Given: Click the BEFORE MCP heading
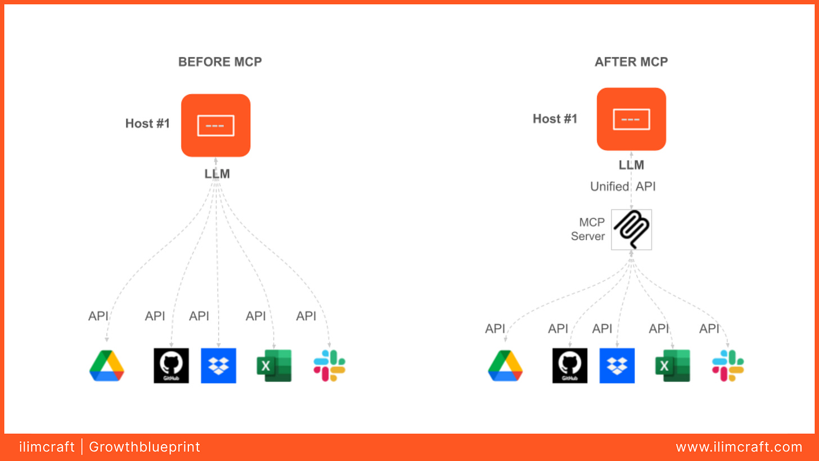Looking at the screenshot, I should point(220,62).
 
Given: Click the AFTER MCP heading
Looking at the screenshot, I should point(631,62).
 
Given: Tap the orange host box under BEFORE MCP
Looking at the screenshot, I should point(215,126).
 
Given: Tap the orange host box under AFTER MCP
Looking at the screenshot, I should point(631,119).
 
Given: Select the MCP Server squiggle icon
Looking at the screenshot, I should point(631,230).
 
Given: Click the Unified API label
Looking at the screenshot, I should point(623,186).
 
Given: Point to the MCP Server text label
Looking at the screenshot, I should point(588,229).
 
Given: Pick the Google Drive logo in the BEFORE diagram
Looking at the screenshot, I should point(106,366).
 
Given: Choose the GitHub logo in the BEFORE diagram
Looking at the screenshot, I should point(171,366).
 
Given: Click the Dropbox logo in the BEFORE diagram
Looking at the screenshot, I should point(218,366).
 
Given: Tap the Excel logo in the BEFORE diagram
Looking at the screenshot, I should point(274,366).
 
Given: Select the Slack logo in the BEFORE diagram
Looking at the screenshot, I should point(329,366).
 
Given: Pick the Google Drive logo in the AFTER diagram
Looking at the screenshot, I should point(505,366).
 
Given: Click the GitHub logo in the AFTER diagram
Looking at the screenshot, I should point(570,366).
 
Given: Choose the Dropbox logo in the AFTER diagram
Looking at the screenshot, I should point(617,366).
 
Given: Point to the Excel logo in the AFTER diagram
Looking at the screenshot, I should point(672,366).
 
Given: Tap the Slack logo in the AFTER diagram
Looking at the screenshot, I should point(728,366).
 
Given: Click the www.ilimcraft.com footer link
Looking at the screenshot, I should point(739,447).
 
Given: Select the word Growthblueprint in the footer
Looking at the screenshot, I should point(145,447).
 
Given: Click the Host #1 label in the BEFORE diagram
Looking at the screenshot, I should point(147,123).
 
